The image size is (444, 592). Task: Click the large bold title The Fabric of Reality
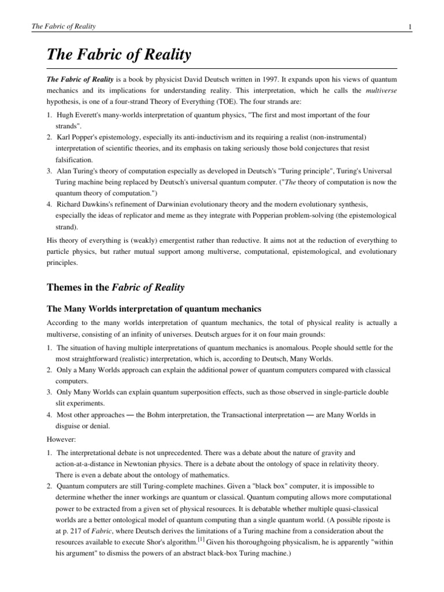coord(119,56)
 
